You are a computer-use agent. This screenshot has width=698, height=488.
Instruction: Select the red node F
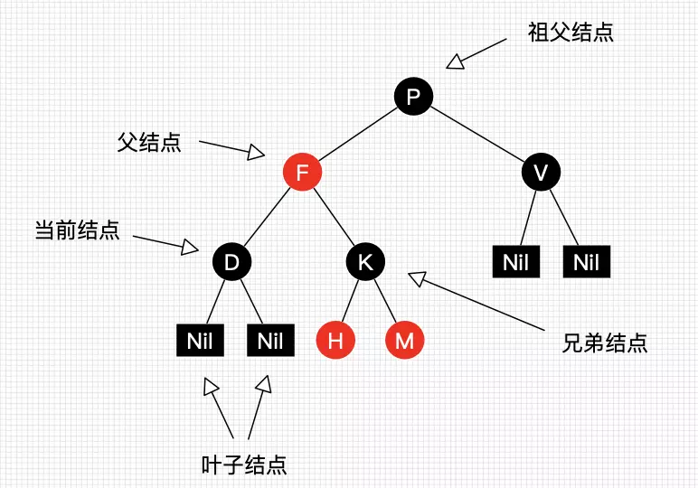[302, 172]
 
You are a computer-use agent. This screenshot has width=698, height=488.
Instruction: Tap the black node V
[541, 172]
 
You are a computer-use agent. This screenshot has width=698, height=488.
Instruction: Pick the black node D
[231, 262]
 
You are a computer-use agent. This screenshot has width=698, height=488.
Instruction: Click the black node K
[365, 262]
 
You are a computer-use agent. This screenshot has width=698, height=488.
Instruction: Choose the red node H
[335, 341]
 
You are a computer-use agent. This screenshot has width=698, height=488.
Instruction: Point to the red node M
[404, 341]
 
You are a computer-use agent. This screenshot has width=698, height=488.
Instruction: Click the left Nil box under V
[515, 263]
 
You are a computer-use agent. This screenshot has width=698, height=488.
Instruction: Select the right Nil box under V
[587, 263]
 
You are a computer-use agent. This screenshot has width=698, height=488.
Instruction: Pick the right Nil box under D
[269, 341]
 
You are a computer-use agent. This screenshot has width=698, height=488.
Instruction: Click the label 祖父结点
[571, 33]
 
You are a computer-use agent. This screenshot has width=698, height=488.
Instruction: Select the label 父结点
[149, 142]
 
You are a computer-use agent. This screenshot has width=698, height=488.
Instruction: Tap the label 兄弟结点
[604, 343]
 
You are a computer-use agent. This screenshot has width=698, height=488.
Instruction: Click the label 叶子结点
[244, 465]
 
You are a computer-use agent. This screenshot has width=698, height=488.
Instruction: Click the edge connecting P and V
[477, 135]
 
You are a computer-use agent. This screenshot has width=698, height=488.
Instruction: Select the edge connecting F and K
[334, 217]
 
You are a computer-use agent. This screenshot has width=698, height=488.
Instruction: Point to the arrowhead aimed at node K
[415, 279]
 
